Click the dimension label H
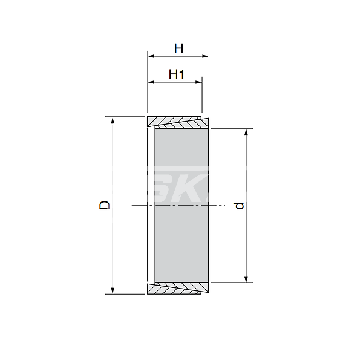[x=178, y=47]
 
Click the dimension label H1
[x=176, y=74]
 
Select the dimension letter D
[x=105, y=205]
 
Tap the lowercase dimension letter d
[x=240, y=206]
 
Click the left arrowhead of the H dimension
[x=151, y=56]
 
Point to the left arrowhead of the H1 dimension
[x=151, y=83]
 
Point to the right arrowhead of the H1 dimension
[x=199, y=83]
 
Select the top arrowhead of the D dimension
[x=113, y=120]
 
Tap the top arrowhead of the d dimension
[x=246, y=132]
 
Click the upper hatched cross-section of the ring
[x=178, y=121]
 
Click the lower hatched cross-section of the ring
[x=178, y=289]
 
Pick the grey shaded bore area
[x=181, y=181]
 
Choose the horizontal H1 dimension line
[x=175, y=83]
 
